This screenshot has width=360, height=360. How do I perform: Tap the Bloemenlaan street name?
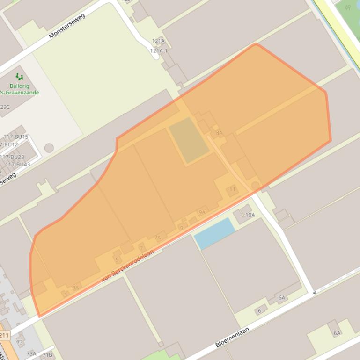click(x=232, y=337)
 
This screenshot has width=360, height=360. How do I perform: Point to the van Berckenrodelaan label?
click(x=128, y=265)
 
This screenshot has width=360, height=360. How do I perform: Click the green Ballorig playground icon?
click(x=19, y=76)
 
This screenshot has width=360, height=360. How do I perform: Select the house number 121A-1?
click(x=159, y=50)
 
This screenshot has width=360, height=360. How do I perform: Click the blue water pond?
click(x=214, y=233)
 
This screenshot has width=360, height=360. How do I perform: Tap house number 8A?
click(x=219, y=133)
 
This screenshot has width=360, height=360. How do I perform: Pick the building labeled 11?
click(x=232, y=189)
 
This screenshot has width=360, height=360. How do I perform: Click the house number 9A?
click(x=202, y=212)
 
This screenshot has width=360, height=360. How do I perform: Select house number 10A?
click(x=250, y=215)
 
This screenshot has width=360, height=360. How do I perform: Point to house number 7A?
click(x=157, y=238)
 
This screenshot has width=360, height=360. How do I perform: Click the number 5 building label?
click(x=117, y=259)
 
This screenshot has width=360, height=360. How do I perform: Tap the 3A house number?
click(x=75, y=288)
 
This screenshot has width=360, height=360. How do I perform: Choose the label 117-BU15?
click(x=16, y=137)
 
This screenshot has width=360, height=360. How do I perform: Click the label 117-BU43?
click(x=18, y=165)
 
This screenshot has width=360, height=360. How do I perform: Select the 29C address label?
click(x=4, y=107)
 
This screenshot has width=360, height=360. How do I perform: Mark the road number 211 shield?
click(x=4, y=335)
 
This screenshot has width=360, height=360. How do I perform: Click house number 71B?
click(x=47, y=355)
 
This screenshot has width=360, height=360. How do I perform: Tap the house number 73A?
click(x=31, y=353)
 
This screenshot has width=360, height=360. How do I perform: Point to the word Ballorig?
click(x=19, y=86)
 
